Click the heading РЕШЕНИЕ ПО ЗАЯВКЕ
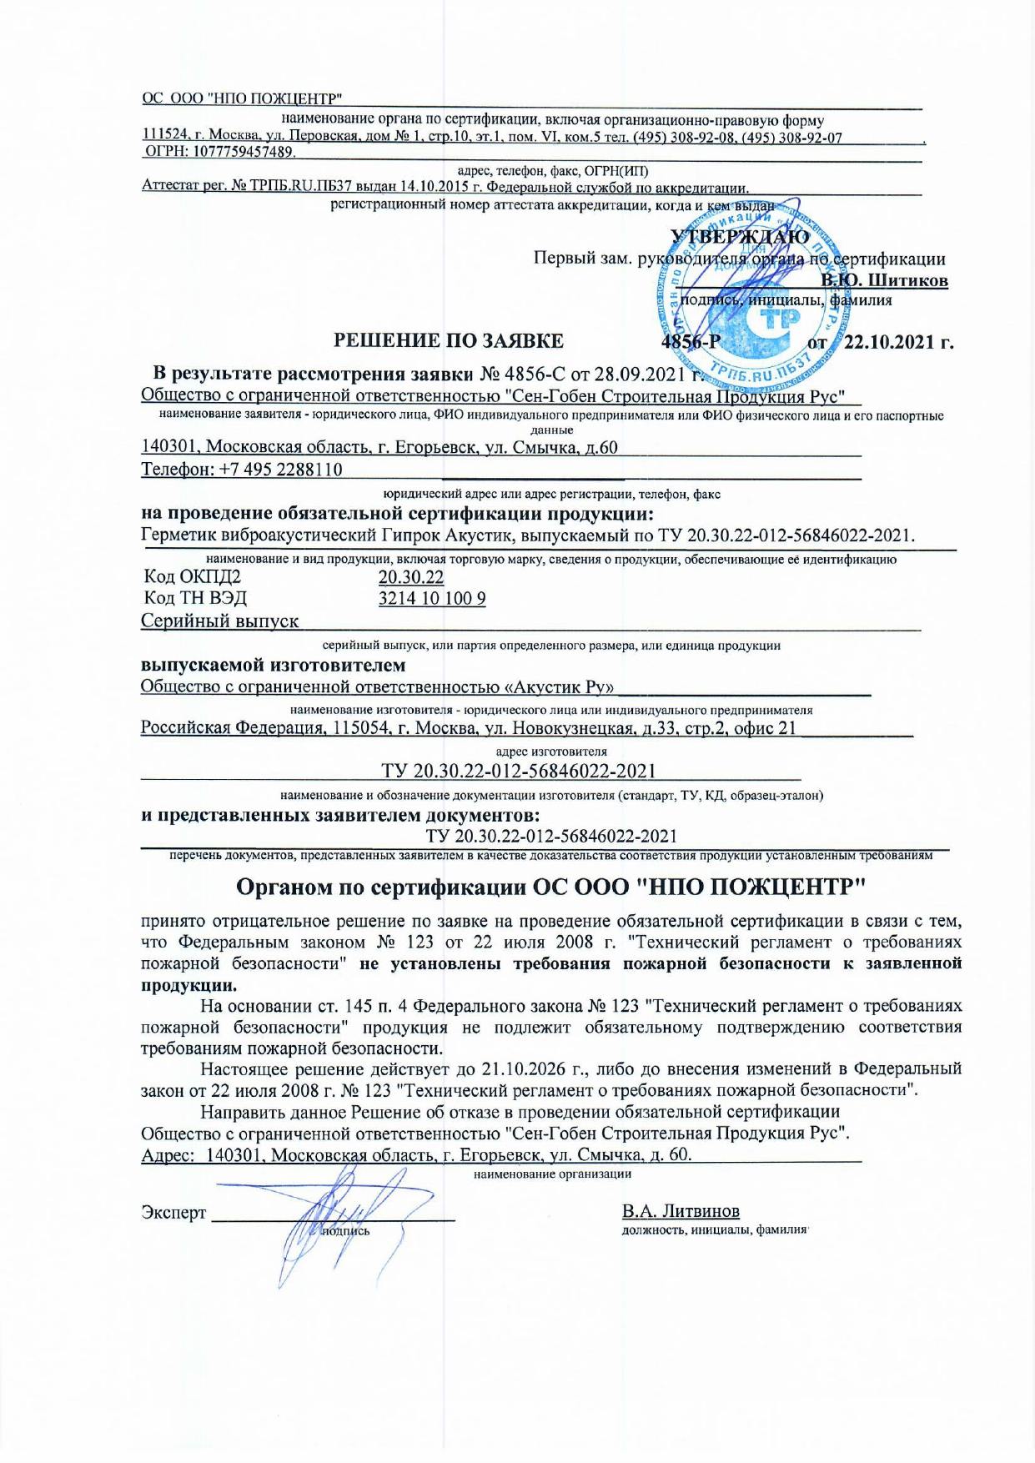(x=448, y=341)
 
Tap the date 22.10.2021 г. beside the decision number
(x=898, y=342)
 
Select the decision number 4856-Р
(x=690, y=342)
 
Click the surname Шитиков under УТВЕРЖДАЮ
(x=907, y=280)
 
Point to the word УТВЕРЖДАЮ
(x=741, y=237)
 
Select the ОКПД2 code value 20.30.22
(x=411, y=577)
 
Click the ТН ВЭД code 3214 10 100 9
(x=432, y=599)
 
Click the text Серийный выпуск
(x=220, y=621)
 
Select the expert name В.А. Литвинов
(x=681, y=1211)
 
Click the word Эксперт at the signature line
(x=173, y=1213)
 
